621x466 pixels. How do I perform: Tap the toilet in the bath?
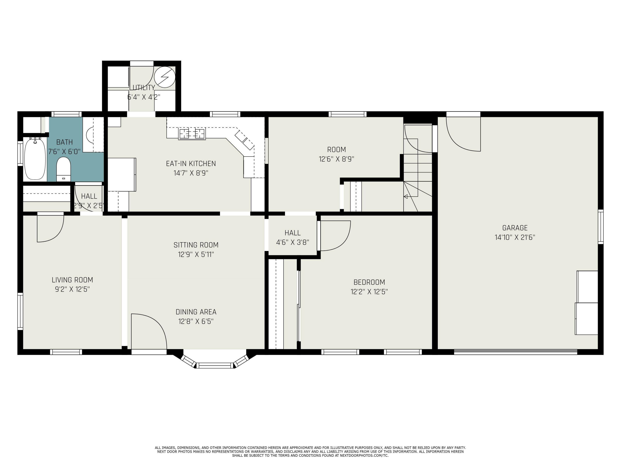click(64, 169)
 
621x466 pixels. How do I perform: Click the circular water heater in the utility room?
click(165, 77)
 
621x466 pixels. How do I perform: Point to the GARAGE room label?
click(515, 228)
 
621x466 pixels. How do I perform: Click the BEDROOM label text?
click(369, 282)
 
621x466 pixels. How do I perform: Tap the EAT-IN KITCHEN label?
click(191, 163)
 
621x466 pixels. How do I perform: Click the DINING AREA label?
click(196, 312)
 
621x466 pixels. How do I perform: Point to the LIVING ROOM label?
click(72, 280)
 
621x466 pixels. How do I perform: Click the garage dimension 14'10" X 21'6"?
click(515, 237)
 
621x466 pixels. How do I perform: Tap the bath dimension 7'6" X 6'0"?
click(64, 152)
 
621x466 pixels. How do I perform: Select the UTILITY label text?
click(144, 87)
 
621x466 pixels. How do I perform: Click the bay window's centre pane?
click(215, 365)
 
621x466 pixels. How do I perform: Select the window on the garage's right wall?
click(601, 226)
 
